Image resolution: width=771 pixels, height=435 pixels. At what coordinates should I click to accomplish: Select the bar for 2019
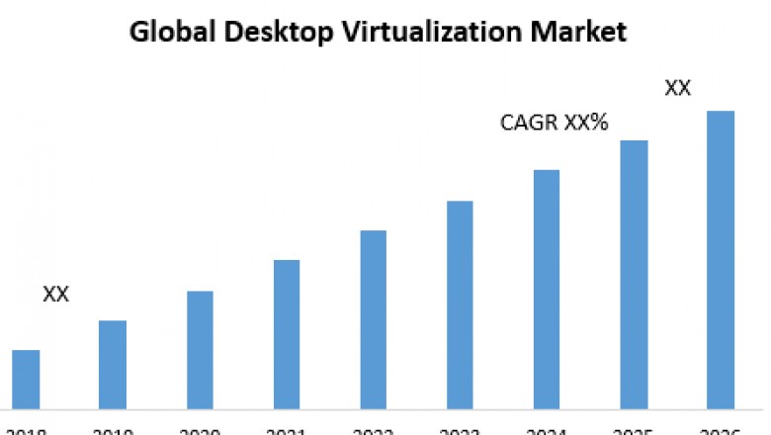click(x=113, y=363)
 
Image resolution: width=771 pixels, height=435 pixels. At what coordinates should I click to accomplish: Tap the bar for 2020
click(x=200, y=348)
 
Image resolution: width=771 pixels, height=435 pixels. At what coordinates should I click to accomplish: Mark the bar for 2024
click(x=547, y=288)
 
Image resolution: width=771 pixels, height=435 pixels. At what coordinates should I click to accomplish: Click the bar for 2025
click(x=634, y=273)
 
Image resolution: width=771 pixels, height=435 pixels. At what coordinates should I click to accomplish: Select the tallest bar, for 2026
click(x=721, y=258)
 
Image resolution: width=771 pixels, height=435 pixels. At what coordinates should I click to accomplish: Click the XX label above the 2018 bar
click(x=56, y=295)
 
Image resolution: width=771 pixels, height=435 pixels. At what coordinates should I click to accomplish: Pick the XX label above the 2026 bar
click(x=677, y=88)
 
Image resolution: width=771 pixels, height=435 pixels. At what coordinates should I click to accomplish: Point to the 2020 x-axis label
click(x=200, y=429)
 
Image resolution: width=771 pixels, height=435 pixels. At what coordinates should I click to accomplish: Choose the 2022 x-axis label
click(x=373, y=429)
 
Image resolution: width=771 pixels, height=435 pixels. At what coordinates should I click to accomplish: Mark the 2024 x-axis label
click(x=547, y=429)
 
